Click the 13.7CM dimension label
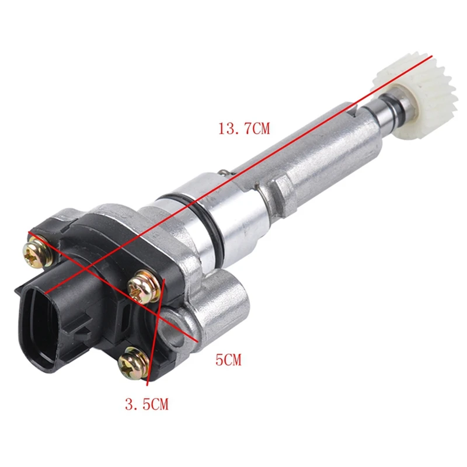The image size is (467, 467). tap(244, 129)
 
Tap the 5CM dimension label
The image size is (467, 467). tap(228, 360)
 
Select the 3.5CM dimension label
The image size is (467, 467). tap(147, 404)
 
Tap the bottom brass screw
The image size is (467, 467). tap(134, 363)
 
